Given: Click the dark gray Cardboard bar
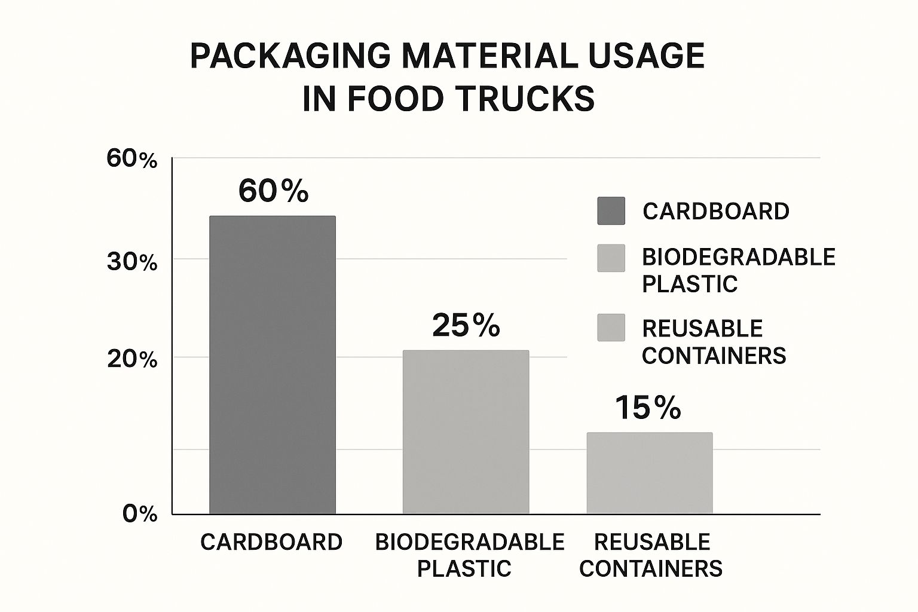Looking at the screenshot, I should (272, 365).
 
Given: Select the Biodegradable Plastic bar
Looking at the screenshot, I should (466, 432).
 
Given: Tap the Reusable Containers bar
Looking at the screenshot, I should (650, 473).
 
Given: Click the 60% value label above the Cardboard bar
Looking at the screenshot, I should (273, 191).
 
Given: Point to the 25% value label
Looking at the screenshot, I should (466, 326).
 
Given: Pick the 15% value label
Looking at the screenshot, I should (648, 408).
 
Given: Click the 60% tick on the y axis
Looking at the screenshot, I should (131, 159).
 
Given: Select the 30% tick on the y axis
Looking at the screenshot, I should (131, 262).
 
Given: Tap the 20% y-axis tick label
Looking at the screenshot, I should (131, 360).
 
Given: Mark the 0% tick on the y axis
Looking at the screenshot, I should (140, 514).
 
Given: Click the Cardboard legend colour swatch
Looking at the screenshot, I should (611, 211).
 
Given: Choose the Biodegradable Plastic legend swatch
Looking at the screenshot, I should (611, 258).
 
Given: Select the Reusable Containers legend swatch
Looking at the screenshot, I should (611, 328).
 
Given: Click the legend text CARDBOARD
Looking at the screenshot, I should (716, 211).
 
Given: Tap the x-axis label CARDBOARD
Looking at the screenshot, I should (271, 542).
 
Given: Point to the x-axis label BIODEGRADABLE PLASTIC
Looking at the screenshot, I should (469, 555).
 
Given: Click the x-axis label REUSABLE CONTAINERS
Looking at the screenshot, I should (651, 555).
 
